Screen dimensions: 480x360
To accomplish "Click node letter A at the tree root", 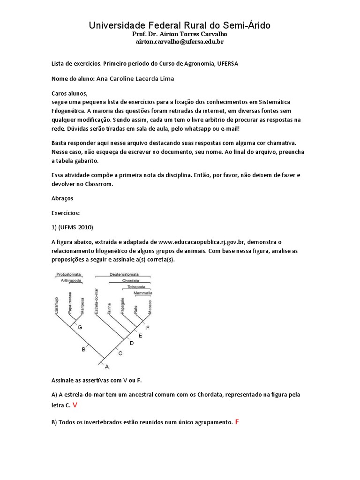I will [106, 366].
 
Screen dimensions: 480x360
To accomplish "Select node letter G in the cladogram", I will [80, 327].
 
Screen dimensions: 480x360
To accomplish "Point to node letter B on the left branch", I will [83, 349].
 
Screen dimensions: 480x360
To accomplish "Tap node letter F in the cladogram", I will [148, 327].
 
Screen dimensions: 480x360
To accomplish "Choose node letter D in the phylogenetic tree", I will [132, 343].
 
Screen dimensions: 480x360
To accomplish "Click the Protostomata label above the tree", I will [69, 274].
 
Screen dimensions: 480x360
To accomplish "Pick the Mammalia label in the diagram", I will [143, 292].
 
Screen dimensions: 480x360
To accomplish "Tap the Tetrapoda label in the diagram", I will [138, 286].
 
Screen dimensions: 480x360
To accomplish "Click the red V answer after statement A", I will [75, 404].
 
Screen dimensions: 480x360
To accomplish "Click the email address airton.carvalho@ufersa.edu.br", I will [180, 42].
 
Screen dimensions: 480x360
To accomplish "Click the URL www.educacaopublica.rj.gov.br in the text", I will [208, 242].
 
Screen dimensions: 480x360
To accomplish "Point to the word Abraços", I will [59, 198].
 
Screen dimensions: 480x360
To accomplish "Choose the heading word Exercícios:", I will [66, 213].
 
